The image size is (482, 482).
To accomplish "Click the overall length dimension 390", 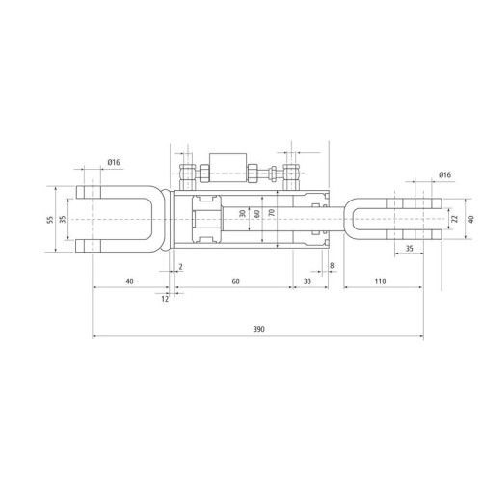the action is point(259,329).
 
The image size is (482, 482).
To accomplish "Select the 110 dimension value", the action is point(380,281).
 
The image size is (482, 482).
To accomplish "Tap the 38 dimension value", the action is point(308,281).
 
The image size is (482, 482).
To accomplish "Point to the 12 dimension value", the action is point(165,299).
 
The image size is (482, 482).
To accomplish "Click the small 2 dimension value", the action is point(180,267).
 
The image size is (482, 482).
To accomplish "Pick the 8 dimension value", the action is point(332,266).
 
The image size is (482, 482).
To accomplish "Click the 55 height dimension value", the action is point(50,220).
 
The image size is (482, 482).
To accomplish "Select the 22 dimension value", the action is point(454,219).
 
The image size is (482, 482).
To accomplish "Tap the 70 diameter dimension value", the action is point(272,212).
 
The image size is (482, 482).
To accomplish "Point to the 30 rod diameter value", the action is point(243,213).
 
